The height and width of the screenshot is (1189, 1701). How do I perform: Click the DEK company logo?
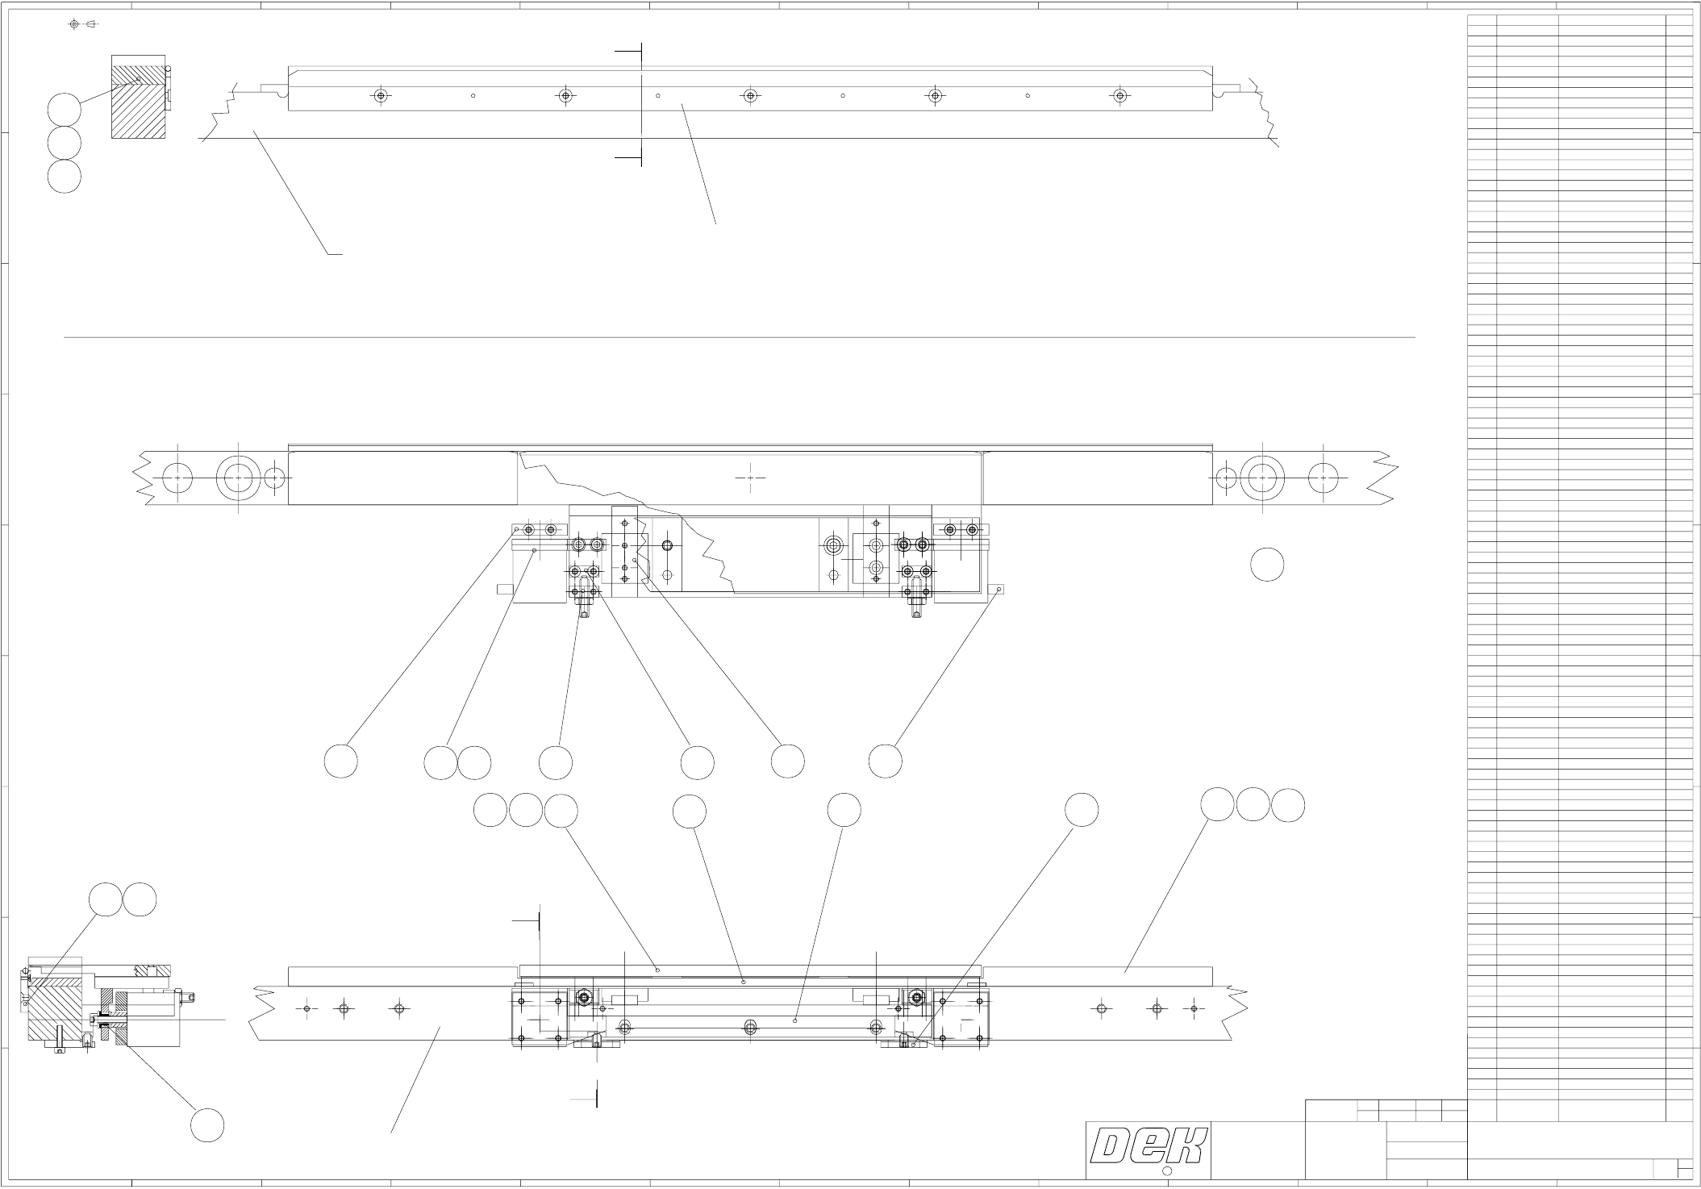[x=1149, y=1145]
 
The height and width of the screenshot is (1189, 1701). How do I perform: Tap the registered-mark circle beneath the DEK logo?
[x=1166, y=1171]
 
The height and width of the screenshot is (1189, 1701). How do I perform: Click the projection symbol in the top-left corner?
[x=81, y=24]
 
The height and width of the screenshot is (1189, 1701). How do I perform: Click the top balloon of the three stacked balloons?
[x=64, y=110]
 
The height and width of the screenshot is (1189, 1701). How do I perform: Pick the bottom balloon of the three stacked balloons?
[x=64, y=177]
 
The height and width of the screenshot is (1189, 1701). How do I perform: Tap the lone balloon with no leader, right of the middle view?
[x=1267, y=565]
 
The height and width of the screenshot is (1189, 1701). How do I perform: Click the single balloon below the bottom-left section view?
[x=207, y=1125]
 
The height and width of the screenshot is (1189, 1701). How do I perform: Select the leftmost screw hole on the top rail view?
[x=381, y=96]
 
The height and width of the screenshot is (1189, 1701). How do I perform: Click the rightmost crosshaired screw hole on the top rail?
[x=1119, y=96]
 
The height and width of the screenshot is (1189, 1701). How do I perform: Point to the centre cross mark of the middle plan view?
[x=750, y=478]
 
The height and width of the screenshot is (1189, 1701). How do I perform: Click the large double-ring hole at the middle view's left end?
[x=239, y=478]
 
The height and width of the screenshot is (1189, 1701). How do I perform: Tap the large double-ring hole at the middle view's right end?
[x=1263, y=478]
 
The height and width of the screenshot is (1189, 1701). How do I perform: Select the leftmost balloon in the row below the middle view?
[x=341, y=761]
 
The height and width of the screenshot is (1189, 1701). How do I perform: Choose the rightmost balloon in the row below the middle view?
[x=885, y=761]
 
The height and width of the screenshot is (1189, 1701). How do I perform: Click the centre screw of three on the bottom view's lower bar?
[x=751, y=1027]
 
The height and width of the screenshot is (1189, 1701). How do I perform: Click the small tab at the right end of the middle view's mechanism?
[x=998, y=589]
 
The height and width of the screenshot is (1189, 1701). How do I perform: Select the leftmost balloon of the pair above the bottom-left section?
[x=105, y=900]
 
